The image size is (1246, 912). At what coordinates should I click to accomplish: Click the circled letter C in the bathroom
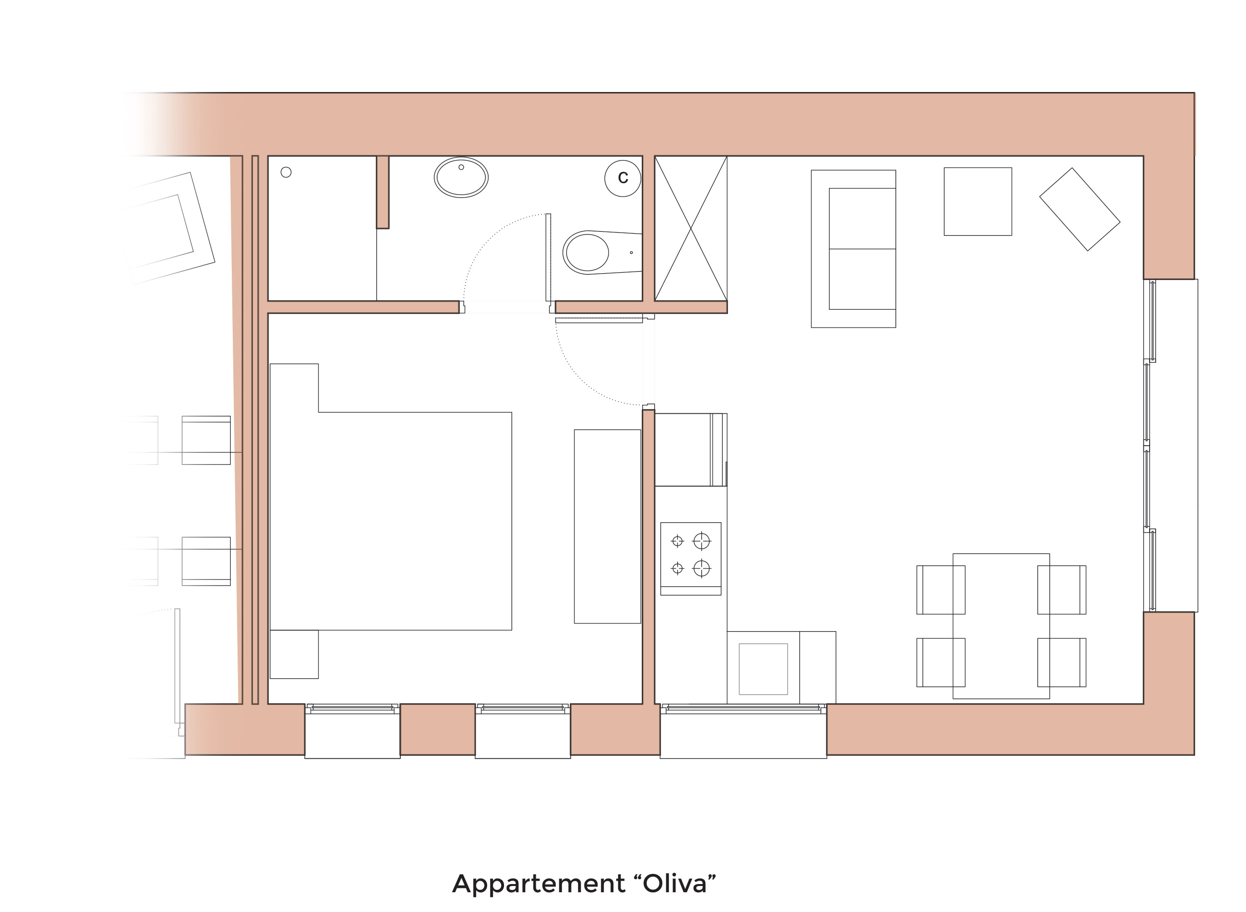(623, 178)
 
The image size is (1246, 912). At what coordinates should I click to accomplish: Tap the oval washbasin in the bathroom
(461, 178)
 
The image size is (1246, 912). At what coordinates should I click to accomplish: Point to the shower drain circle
(286, 172)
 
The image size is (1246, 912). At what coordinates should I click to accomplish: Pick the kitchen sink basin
(763, 669)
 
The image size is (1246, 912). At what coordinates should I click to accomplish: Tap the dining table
(1001, 626)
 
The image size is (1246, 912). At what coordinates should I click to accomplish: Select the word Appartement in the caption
(539, 885)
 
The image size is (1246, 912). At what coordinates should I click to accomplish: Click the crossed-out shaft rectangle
(690, 228)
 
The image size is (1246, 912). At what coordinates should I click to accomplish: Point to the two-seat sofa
(853, 249)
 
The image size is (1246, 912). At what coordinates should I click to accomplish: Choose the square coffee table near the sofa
(978, 201)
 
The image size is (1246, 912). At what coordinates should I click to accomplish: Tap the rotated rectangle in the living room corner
(1079, 209)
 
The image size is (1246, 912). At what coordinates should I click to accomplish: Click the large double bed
(391, 497)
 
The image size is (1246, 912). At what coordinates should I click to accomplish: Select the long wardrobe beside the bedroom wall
(607, 526)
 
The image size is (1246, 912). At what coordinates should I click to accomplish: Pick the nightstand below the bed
(294, 654)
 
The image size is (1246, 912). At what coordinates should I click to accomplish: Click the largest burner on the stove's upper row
(701, 541)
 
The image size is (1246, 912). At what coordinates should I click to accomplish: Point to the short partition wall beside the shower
(383, 192)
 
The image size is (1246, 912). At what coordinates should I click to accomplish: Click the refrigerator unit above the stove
(690, 449)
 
